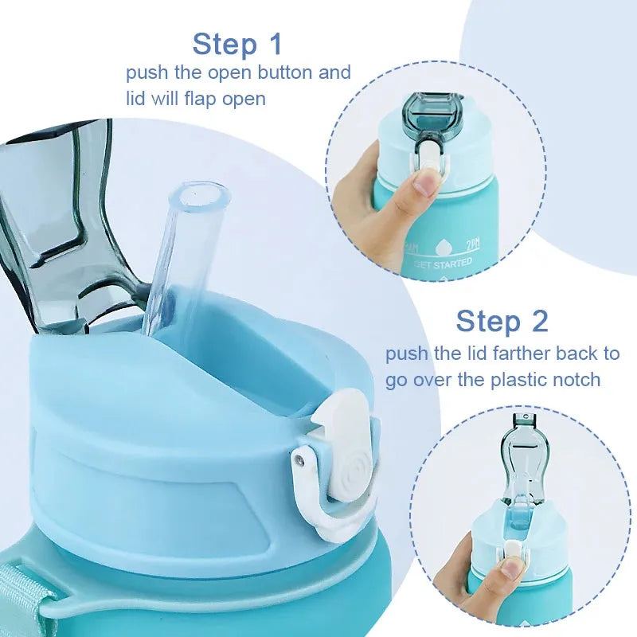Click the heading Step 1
[237, 44]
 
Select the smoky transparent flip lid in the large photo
[56, 215]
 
